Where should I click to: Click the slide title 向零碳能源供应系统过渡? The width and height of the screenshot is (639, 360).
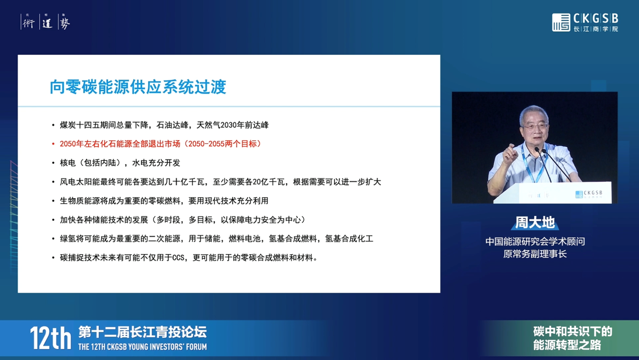tap(138, 87)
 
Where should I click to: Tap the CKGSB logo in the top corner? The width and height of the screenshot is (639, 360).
tap(585, 22)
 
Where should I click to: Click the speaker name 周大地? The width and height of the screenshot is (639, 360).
tap(535, 223)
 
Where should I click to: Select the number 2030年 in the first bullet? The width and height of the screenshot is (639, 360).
tap(232, 125)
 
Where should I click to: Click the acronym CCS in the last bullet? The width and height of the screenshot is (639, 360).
tap(178, 258)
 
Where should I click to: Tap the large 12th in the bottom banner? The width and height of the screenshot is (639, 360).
tap(50, 339)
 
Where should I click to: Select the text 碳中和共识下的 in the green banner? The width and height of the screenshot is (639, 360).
tap(573, 332)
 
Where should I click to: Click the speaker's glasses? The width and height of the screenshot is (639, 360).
tap(536, 126)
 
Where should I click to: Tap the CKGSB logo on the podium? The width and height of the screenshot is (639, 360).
tap(589, 194)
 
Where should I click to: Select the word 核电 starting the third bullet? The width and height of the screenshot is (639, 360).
tap(68, 163)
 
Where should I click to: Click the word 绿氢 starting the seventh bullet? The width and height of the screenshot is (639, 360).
tap(68, 238)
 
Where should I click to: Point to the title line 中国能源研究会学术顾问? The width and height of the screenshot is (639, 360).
tap(535, 242)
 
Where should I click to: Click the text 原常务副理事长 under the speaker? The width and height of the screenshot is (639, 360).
tap(535, 254)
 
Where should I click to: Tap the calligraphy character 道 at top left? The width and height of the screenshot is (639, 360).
tap(47, 22)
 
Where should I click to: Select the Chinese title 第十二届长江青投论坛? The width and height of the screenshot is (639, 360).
tap(142, 332)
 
